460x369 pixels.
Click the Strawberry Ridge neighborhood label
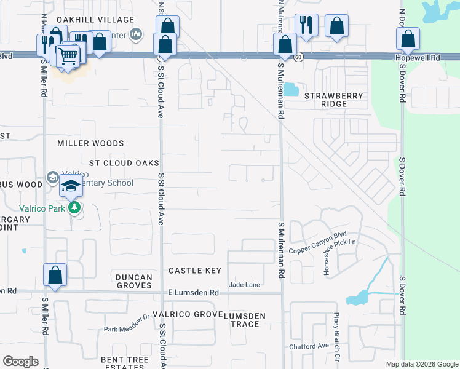[x=335, y=100]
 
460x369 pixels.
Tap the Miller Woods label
[x=90, y=143]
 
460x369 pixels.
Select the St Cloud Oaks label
[x=124, y=163]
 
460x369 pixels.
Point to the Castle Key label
[x=194, y=271]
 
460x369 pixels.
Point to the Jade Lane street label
[x=245, y=284]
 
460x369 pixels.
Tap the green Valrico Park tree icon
[x=75, y=207]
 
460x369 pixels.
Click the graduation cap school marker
[x=71, y=186]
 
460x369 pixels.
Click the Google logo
[x=20, y=362]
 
